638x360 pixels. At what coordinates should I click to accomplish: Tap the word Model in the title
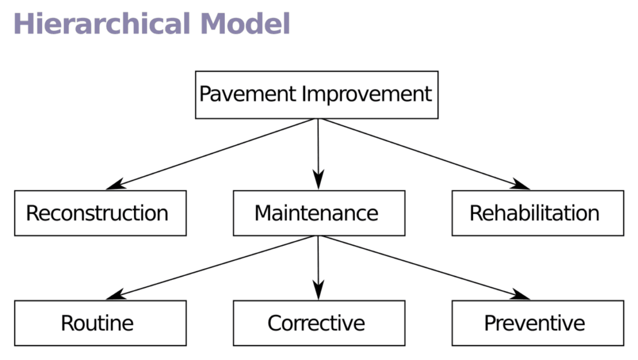(245, 24)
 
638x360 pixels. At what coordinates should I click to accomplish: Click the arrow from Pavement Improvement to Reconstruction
(211, 153)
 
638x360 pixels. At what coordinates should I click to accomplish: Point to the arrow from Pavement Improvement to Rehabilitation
(425, 153)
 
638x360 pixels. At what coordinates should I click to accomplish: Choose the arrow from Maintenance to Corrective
(318, 265)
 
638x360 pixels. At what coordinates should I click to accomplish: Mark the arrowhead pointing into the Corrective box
(319, 291)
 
